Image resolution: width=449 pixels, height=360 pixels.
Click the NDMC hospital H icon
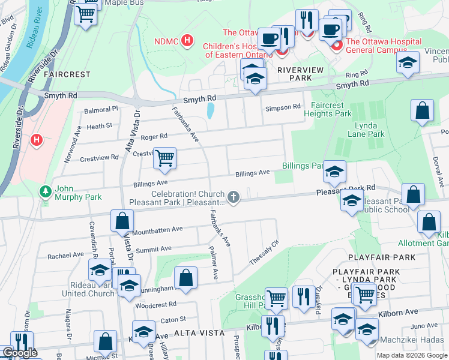coord(188,41)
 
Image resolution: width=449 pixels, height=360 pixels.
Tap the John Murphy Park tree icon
coord(45,191)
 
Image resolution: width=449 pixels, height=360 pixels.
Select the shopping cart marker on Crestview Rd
coord(164,158)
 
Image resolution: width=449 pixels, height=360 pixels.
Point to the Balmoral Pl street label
coord(101,110)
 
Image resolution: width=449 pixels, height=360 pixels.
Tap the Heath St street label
coord(99,126)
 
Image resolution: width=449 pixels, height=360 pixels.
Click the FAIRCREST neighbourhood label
coord(67,75)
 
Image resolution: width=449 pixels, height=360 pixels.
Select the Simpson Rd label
coord(282,107)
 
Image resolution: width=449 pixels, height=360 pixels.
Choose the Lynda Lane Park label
coord(370,130)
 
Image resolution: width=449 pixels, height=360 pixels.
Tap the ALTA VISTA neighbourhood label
coord(199,332)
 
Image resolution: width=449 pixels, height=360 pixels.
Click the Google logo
coord(19,353)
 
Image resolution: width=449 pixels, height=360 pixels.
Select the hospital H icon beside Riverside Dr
coord(37,140)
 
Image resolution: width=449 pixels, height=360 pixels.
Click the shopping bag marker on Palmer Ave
coord(185,278)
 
